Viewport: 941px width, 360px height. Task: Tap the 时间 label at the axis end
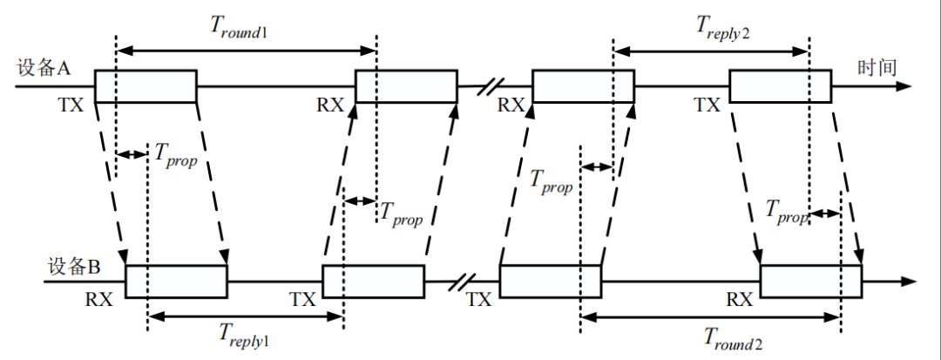877,69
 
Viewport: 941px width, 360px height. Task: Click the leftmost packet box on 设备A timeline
146,85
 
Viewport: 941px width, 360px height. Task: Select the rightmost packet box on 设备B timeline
811,282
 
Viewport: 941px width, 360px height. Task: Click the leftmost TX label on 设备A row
71,105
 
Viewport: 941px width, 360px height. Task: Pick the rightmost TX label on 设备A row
707,105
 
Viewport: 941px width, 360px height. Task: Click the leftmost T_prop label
177,155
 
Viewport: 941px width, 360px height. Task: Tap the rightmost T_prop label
786,211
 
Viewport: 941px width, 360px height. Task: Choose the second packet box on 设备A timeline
406,85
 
